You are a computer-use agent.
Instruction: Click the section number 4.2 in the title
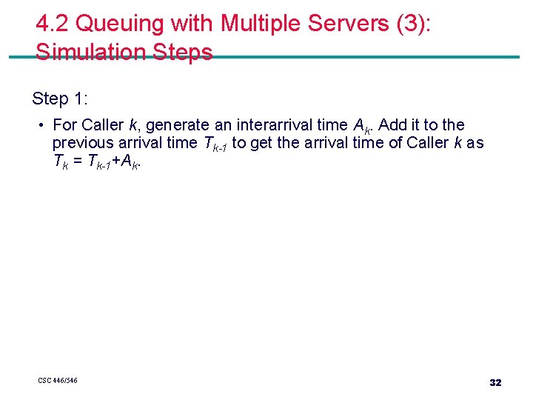click(x=53, y=24)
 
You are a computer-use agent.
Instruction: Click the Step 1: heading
click(x=60, y=98)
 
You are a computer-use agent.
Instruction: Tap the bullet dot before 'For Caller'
click(x=44, y=125)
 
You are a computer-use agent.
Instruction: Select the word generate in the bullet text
click(x=178, y=125)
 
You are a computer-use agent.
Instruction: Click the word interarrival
click(x=278, y=125)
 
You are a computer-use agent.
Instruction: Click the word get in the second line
click(x=263, y=143)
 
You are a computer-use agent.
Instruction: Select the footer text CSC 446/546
click(x=58, y=381)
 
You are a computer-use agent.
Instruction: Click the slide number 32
click(x=495, y=383)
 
